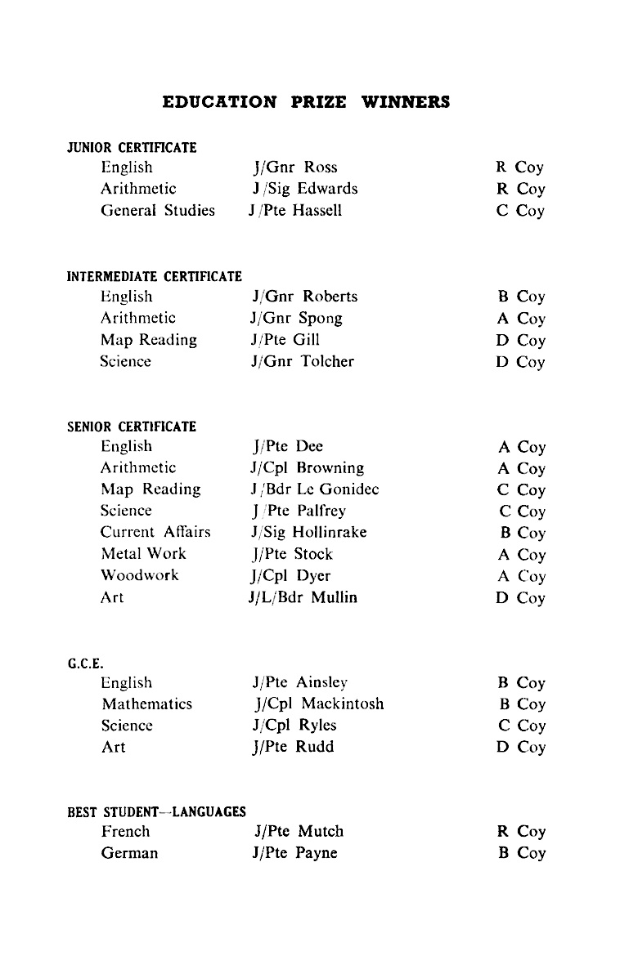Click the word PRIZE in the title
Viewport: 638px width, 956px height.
tap(318, 102)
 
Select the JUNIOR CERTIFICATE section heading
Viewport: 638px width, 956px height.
tap(132, 148)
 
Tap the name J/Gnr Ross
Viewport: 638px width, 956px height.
tap(295, 168)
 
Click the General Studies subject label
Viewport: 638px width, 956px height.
tap(158, 210)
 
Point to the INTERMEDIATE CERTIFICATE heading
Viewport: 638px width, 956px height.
tap(154, 276)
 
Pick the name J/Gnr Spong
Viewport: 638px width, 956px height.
tap(297, 318)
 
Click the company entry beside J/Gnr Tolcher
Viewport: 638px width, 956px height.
tap(520, 361)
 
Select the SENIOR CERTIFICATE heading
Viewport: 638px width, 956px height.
tap(132, 427)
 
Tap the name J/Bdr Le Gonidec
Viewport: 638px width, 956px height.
tap(315, 489)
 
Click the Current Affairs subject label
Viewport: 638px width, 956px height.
tap(155, 532)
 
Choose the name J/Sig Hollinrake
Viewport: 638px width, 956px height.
tap(309, 532)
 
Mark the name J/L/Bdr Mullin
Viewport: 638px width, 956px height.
tap(304, 597)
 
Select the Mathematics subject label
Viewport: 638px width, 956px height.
tap(147, 704)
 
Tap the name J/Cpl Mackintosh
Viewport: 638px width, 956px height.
tap(318, 704)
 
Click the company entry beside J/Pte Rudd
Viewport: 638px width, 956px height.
tap(520, 747)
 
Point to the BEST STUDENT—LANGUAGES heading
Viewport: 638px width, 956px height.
tap(156, 812)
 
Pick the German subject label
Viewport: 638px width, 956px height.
tap(130, 853)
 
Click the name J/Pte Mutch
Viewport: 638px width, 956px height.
tap(299, 831)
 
